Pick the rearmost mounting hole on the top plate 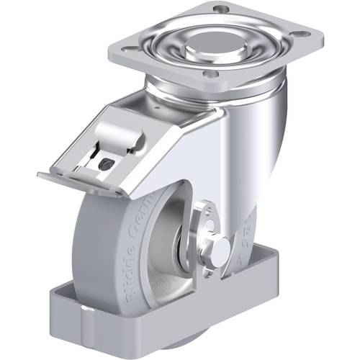click(x=222, y=9)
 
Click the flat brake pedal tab click(x=72, y=181)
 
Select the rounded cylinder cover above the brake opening click(x=118, y=135)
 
